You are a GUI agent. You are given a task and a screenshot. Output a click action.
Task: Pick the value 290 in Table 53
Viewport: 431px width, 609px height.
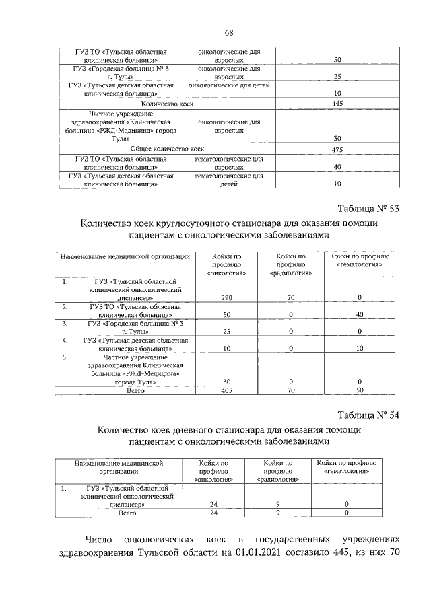click(226, 297)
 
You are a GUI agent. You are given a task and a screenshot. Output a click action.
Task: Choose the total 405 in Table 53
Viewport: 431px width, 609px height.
click(226, 390)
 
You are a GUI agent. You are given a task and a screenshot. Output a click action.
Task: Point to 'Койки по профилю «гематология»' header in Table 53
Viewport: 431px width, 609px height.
click(359, 260)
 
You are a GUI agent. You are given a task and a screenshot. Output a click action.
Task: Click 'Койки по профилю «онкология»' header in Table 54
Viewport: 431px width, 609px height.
click(213, 472)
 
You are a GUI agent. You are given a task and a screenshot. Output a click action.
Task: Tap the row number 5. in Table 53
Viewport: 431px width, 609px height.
click(65, 357)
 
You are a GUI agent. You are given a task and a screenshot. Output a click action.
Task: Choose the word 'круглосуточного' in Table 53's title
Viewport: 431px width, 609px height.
click(212, 223)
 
